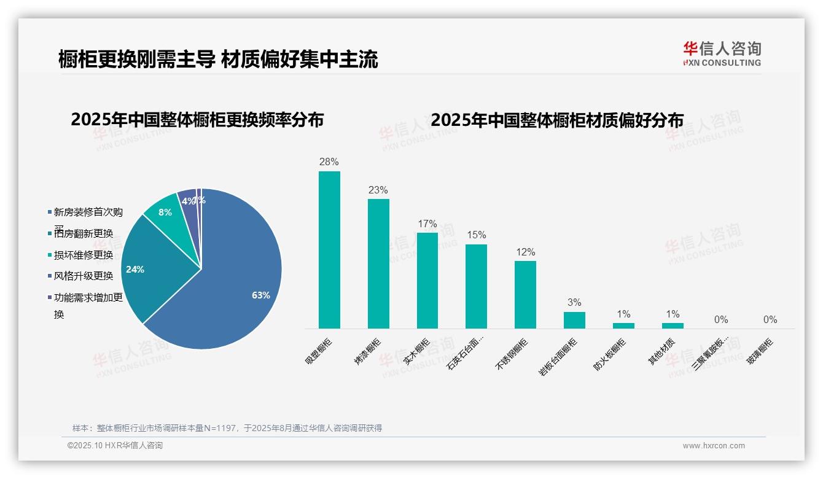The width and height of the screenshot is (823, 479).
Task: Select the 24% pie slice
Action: click(x=154, y=270)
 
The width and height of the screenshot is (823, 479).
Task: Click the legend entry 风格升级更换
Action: click(x=84, y=276)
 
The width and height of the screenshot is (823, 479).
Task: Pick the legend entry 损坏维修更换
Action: click(x=84, y=255)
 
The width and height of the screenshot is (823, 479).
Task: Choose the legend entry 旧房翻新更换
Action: click(x=84, y=233)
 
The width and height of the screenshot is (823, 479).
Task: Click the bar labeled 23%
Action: click(x=378, y=264)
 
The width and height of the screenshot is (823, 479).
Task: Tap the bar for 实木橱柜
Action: click(x=427, y=281)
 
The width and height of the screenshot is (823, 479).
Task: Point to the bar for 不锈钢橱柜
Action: click(x=525, y=295)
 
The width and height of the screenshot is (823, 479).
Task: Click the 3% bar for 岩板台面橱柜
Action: click(x=574, y=321)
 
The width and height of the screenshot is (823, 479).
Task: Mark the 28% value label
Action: click(x=329, y=162)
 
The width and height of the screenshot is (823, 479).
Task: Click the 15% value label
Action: click(x=476, y=235)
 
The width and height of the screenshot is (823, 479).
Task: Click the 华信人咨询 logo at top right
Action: click(x=722, y=53)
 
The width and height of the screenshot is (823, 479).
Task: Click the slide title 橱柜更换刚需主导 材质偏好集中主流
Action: click(x=218, y=59)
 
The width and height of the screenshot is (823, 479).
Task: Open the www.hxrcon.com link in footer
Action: click(x=714, y=446)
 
